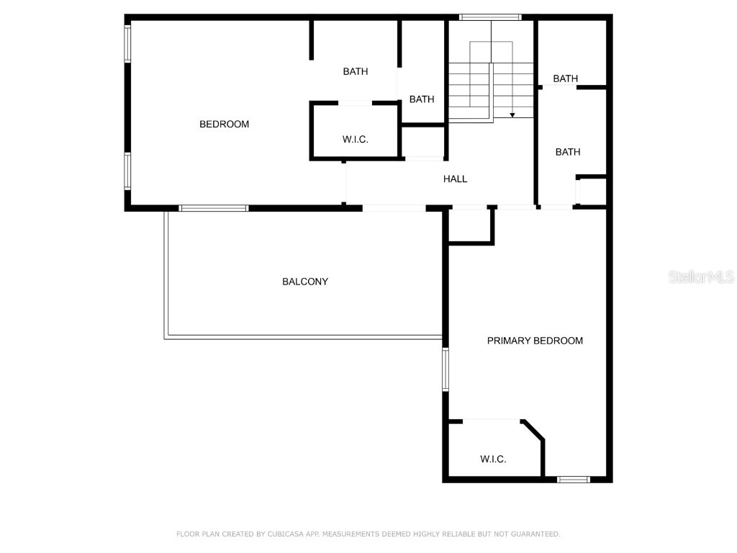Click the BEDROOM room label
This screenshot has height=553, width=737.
point(224,125)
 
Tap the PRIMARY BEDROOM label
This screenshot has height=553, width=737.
point(535,341)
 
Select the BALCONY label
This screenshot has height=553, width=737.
point(304,282)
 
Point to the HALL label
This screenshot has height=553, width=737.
point(455,179)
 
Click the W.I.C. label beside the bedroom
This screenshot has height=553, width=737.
point(355,140)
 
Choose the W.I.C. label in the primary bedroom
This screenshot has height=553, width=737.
point(493,459)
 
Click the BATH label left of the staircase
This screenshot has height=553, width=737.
point(422,99)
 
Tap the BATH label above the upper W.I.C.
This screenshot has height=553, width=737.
point(355,71)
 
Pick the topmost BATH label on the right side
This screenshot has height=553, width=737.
point(565,78)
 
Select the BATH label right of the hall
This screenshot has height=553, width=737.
point(567,152)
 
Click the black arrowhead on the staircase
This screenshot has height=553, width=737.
point(512,114)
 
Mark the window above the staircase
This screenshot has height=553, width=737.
point(490,17)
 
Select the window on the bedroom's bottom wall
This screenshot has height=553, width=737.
point(213,208)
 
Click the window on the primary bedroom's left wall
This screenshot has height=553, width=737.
point(446,369)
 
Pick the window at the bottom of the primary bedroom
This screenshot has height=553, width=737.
point(574,479)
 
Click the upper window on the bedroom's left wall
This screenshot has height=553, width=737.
point(127,44)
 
